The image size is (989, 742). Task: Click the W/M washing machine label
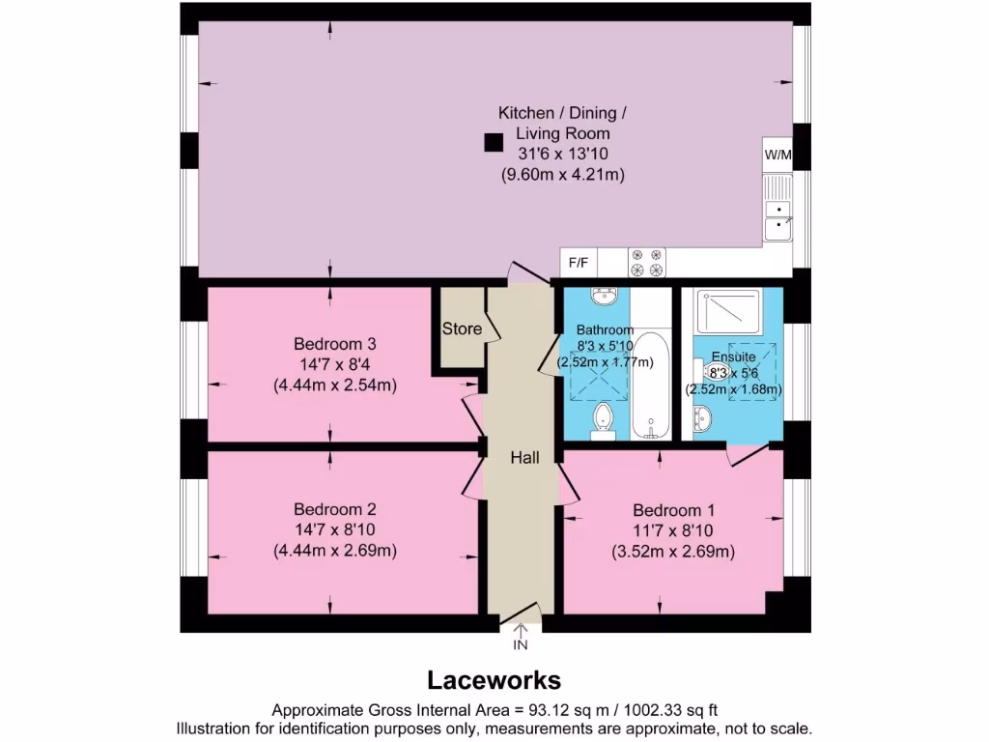pyautogui.click(x=777, y=156)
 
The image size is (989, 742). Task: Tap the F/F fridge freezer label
pyautogui.click(x=579, y=262)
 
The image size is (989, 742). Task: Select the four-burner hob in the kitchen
pyautogui.click(x=647, y=262)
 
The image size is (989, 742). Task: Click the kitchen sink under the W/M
pyautogui.click(x=777, y=218)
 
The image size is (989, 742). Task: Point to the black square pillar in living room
pyautogui.click(x=493, y=143)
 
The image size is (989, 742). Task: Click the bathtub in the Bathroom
pyautogui.click(x=652, y=386)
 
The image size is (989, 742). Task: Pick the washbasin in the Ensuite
pyautogui.click(x=702, y=418)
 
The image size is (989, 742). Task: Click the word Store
pyautogui.click(x=462, y=328)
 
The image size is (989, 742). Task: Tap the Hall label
pyautogui.click(x=524, y=457)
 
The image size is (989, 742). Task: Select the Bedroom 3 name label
pyautogui.click(x=334, y=344)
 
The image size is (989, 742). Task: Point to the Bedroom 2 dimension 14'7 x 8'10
pyautogui.click(x=334, y=530)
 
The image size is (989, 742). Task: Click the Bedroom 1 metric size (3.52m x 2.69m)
pyautogui.click(x=673, y=552)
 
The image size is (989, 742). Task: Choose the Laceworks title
pyautogui.click(x=494, y=680)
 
